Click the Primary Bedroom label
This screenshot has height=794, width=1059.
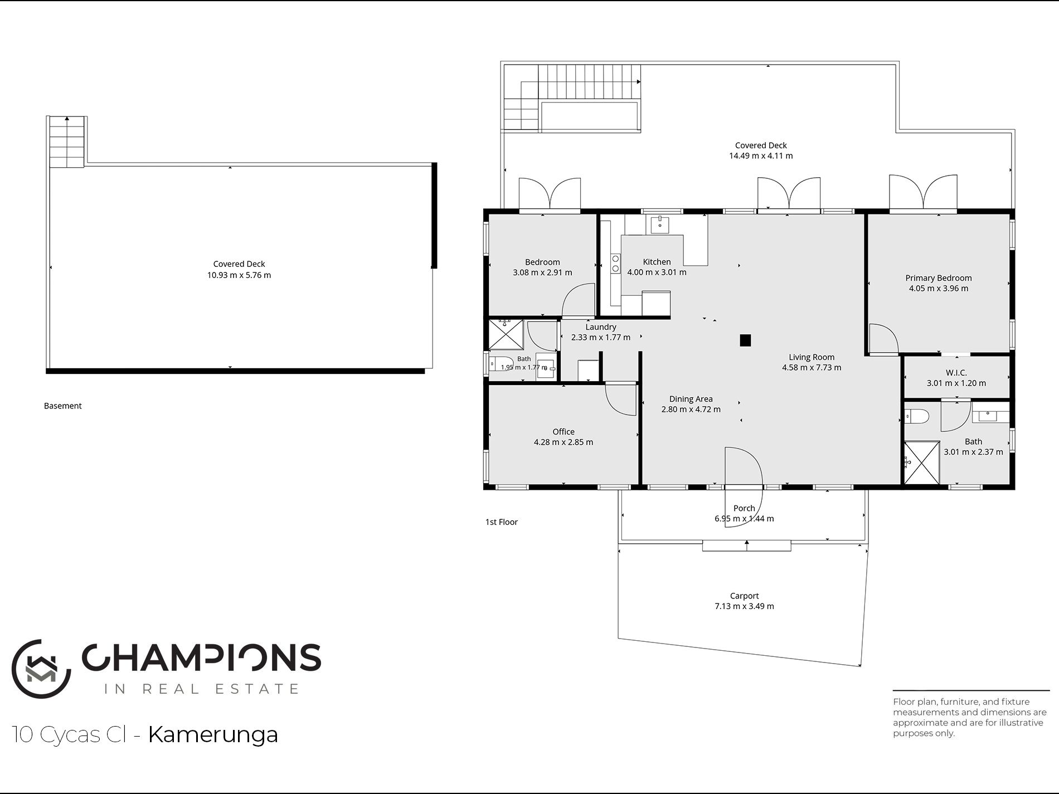(938, 278)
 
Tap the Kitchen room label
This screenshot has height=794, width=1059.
(657, 262)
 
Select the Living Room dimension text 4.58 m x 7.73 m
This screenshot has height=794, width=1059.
(812, 368)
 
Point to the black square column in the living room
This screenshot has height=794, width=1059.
(745, 340)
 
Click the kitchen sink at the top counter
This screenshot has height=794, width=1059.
(660, 224)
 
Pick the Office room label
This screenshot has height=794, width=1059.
(563, 432)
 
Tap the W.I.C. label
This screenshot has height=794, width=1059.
(956, 373)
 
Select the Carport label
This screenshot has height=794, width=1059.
(744, 596)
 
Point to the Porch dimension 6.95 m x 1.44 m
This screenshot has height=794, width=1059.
(744, 519)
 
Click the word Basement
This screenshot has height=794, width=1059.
(62, 406)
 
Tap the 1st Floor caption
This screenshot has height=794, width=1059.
(501, 522)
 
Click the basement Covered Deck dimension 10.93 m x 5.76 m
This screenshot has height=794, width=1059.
(239, 275)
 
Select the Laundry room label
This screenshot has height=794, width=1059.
(601, 327)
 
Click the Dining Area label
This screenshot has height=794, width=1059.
(691, 399)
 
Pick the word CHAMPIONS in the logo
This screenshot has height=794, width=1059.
(202, 657)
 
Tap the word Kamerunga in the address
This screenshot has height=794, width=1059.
(213, 734)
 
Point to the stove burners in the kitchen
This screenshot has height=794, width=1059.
(615, 264)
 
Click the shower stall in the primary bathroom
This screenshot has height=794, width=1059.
(922, 462)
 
